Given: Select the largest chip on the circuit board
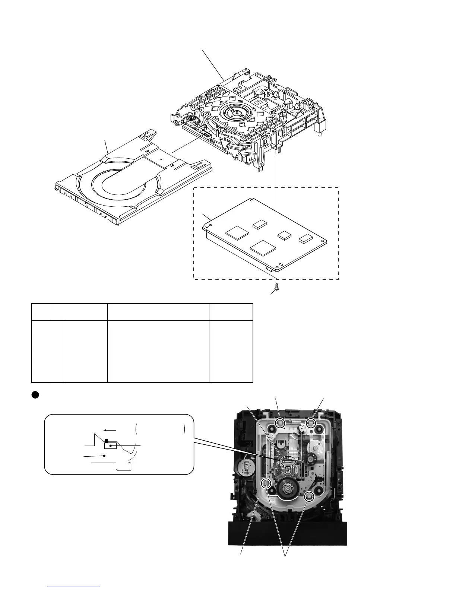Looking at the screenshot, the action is tap(263, 248).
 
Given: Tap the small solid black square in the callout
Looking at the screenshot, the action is tap(106, 441).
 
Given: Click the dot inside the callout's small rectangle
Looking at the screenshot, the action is tap(111, 445).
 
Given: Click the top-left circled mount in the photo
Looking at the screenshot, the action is tap(280, 423).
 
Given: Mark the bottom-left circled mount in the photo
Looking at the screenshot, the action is tap(266, 484).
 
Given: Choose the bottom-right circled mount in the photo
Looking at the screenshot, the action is tap(309, 497).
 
